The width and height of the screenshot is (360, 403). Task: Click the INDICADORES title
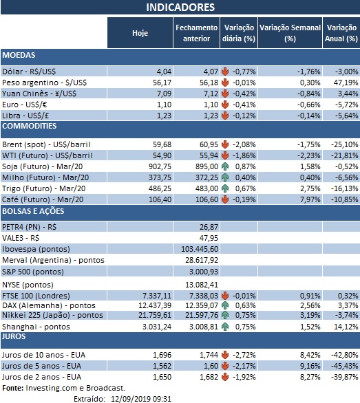click(x=180, y=8)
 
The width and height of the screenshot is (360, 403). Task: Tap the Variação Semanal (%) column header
click(x=289, y=32)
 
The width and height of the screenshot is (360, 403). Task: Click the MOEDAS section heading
click(x=19, y=55)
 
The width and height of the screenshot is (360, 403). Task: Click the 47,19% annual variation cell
click(x=344, y=81)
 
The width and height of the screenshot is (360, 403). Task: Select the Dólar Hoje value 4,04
click(x=163, y=71)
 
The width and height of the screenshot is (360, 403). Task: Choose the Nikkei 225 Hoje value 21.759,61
click(x=152, y=314)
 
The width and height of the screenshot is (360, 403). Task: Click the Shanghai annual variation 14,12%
click(x=343, y=326)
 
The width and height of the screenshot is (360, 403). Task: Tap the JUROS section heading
click(x=15, y=337)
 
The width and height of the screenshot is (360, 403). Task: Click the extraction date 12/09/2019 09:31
click(x=130, y=397)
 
